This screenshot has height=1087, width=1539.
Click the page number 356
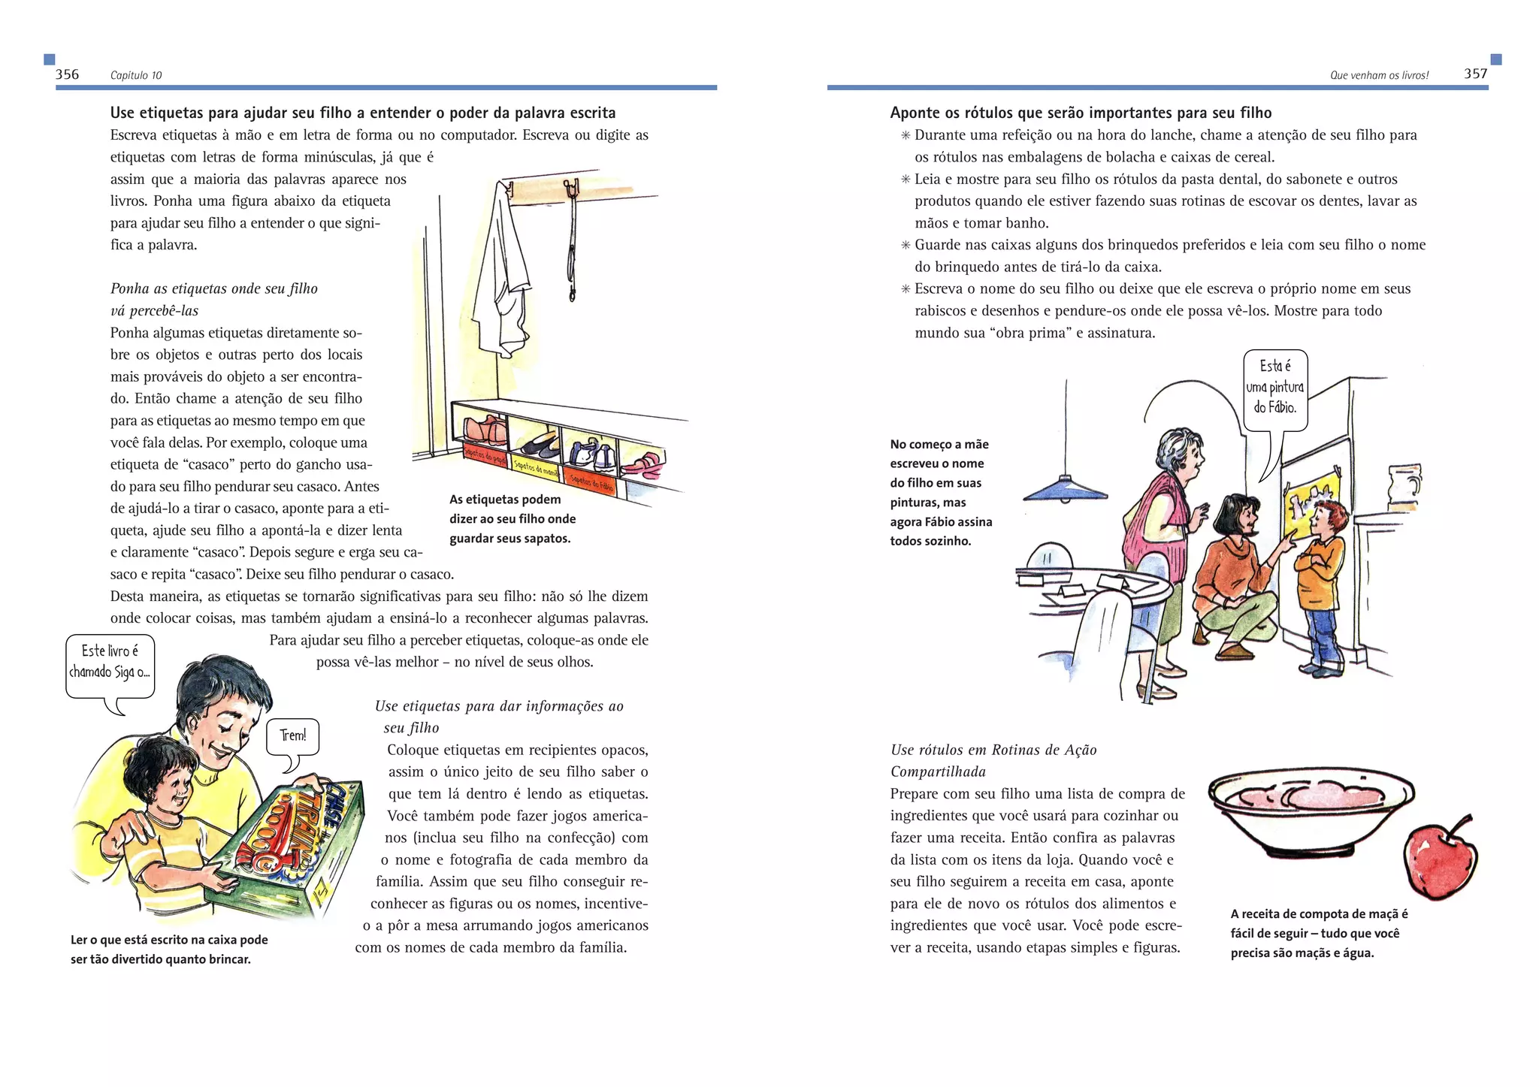(67, 74)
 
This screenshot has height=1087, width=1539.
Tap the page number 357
(1475, 74)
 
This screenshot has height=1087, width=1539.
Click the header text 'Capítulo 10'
(136, 75)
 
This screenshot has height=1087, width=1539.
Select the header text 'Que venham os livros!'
(1379, 75)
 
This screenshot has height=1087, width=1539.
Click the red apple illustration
(1440, 859)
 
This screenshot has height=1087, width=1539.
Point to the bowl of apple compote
(1311, 811)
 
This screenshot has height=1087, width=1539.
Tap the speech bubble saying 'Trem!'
(293, 737)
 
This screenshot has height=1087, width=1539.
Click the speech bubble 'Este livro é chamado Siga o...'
(110, 664)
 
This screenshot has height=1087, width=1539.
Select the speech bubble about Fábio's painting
(1275, 388)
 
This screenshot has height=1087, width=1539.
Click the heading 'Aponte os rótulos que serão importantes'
(1080, 113)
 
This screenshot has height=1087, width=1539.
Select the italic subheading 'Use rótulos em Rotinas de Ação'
(993, 750)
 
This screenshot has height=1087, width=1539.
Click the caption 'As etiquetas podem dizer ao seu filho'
(512, 519)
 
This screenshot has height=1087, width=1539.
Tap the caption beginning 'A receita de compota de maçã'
(1319, 934)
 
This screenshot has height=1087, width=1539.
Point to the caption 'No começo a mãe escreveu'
(941, 493)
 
